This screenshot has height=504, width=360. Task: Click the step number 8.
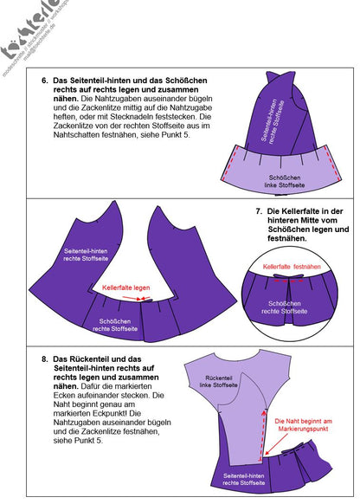[45, 358]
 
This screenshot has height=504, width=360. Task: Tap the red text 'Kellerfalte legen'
[126, 287]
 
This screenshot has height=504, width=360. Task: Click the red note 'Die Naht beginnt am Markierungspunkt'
[304, 424]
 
